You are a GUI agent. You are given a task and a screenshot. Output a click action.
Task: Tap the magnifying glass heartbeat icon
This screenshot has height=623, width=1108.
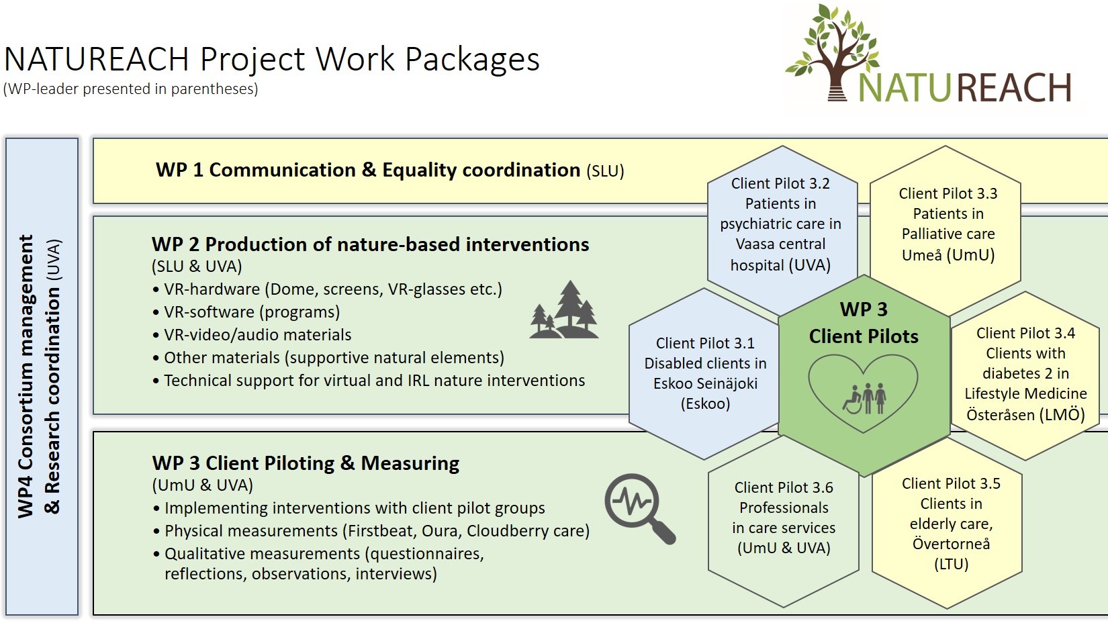coord(638,507)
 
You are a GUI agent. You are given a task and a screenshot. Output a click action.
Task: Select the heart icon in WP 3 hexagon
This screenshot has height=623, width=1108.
coord(864,393)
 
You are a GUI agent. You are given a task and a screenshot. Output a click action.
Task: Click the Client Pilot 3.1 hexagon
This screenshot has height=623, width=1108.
coord(705,373)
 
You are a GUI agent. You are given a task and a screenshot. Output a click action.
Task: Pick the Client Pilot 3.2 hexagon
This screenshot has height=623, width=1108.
coord(781,224)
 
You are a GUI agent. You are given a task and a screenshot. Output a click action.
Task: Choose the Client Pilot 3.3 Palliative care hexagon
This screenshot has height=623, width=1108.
coord(948,224)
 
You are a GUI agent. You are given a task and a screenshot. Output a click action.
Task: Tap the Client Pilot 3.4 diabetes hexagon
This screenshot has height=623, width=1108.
coord(1025,373)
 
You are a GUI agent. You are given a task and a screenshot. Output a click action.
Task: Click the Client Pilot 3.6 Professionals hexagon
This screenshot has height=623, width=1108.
coord(784,518)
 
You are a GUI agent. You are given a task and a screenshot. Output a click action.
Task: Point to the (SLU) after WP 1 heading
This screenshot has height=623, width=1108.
coord(605,171)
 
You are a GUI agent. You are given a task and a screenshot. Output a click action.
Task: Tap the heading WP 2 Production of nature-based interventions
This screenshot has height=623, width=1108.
coord(370,244)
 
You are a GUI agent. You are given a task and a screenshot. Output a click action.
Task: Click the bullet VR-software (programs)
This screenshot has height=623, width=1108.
coord(252,312)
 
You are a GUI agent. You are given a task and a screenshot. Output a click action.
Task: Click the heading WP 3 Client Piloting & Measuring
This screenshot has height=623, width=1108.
coord(306,463)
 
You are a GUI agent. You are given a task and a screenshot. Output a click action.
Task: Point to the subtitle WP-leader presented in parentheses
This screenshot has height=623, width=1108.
coord(131,89)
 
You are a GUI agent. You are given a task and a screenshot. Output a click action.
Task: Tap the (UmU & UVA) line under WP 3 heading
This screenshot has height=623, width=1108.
coord(203,485)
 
